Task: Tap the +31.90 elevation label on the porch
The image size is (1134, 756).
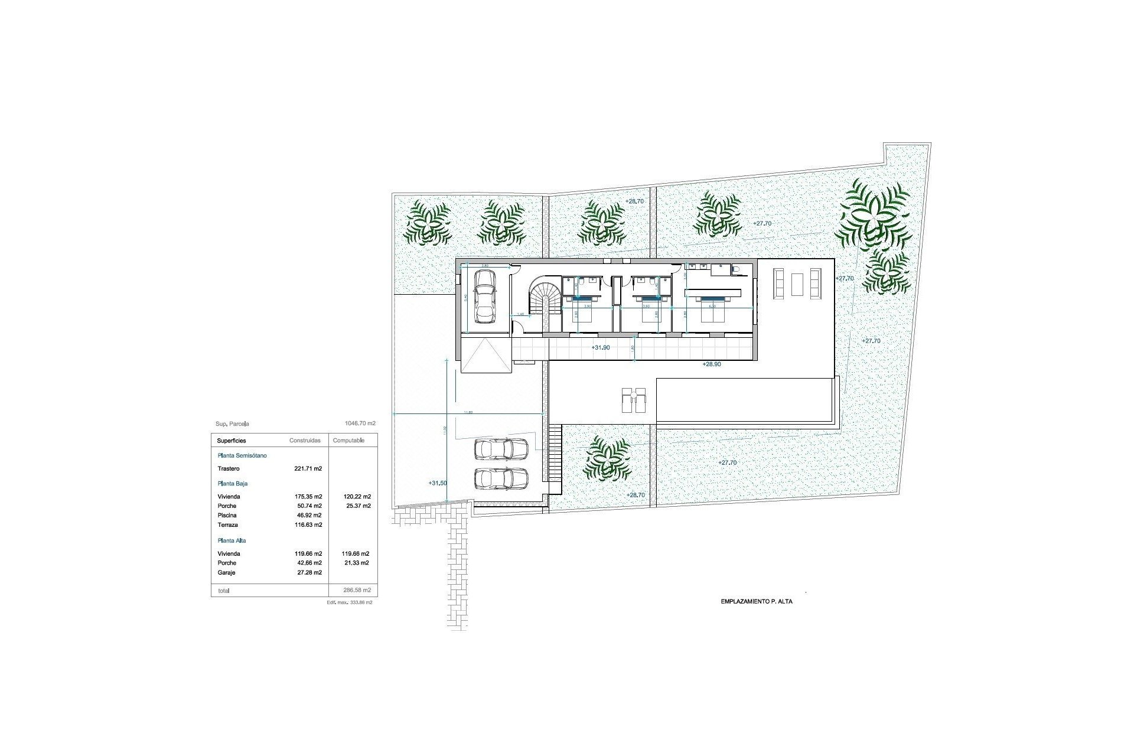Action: click(600, 348)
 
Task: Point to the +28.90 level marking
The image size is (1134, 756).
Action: click(711, 364)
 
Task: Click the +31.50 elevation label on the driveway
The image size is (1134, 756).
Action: click(438, 483)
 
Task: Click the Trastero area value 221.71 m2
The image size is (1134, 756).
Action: click(308, 468)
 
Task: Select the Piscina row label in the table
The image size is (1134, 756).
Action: click(227, 516)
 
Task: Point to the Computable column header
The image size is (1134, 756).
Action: click(348, 441)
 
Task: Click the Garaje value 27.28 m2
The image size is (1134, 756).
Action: click(308, 573)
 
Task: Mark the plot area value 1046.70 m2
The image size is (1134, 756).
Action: click(360, 423)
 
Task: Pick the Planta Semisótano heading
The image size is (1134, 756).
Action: click(242, 456)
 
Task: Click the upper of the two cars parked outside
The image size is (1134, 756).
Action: click(501, 449)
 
